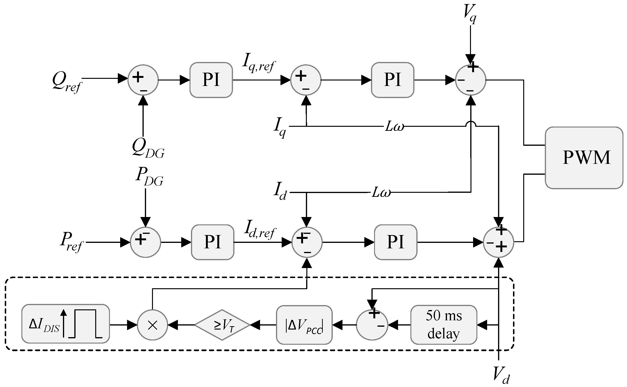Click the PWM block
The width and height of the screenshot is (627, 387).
point(584,158)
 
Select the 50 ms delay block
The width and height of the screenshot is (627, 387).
point(444,325)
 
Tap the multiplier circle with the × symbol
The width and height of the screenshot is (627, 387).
point(152,325)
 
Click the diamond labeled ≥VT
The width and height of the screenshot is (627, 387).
point(222,325)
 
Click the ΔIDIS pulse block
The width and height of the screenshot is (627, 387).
point(66,324)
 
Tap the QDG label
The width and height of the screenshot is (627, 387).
point(148,148)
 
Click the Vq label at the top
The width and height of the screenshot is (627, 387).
point(470,14)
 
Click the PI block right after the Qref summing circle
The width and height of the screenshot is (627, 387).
point(211,80)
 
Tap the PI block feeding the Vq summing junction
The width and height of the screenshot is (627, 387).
point(393,80)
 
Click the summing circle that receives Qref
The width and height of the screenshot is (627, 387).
point(143,80)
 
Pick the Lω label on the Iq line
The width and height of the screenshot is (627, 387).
point(394,127)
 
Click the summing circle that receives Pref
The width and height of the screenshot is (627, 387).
point(145,242)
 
